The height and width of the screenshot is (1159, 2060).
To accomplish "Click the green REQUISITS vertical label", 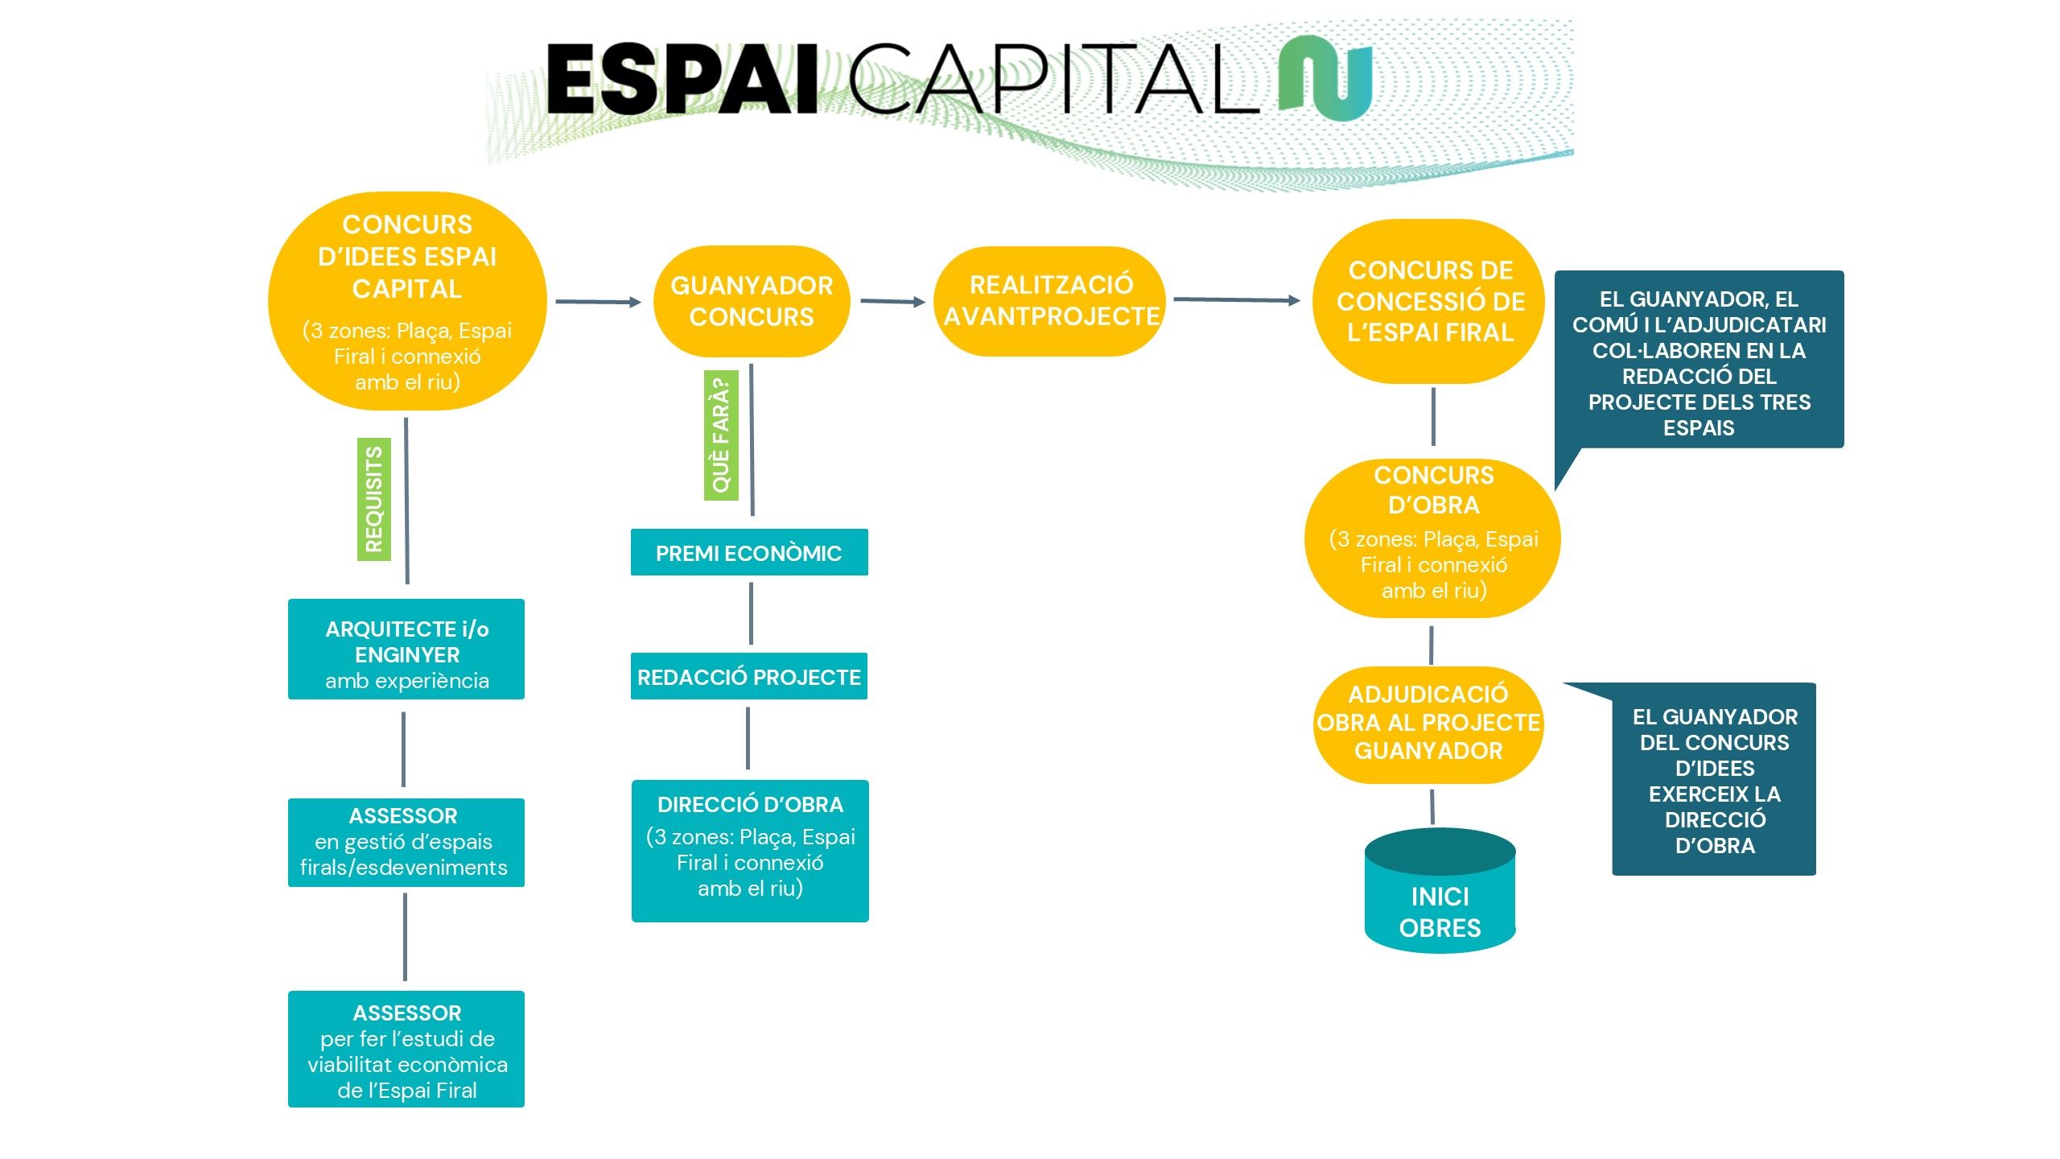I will (374, 499).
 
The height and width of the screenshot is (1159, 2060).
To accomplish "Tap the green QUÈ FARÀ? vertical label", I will (721, 435).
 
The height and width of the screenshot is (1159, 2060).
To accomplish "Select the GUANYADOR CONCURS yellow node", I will (752, 301).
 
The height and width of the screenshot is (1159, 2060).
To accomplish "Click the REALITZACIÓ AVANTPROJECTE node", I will (1050, 301).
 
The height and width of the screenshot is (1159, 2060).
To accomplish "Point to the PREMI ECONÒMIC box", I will (749, 553).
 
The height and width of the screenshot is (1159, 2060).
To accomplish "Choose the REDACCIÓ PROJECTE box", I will (749, 677).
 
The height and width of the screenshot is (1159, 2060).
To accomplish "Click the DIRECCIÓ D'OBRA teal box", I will (750, 850).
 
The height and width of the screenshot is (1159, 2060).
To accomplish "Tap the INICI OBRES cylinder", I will (1440, 901).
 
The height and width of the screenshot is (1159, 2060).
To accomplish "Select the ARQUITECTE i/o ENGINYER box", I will (406, 650).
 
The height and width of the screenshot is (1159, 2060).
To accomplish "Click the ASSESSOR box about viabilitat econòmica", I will (406, 1049).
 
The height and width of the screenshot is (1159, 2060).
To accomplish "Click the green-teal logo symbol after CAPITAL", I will (1326, 79).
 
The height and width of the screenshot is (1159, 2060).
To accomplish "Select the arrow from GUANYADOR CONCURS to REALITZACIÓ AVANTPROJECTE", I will (892, 302).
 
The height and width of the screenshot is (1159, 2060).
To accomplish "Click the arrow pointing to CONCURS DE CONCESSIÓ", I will (1236, 299).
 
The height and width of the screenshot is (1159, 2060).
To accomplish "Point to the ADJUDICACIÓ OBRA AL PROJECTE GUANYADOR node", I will (1428, 724).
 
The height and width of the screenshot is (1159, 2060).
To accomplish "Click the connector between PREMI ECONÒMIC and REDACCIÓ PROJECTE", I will (751, 614).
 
